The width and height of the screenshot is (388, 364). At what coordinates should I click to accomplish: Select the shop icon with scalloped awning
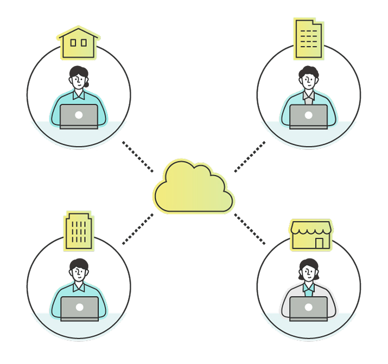(x=311, y=235)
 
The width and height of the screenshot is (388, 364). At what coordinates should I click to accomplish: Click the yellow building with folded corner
(x=309, y=39)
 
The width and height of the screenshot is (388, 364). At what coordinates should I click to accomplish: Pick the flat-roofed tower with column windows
(x=79, y=232)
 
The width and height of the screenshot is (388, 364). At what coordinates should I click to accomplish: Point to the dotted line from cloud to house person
(x=138, y=156)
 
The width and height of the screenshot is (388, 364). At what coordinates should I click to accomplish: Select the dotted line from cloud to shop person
(x=250, y=229)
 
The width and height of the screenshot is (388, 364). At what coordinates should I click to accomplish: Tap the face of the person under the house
(x=78, y=81)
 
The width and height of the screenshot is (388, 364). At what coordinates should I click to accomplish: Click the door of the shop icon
(x=320, y=243)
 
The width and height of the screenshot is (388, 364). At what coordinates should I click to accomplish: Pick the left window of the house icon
(x=73, y=43)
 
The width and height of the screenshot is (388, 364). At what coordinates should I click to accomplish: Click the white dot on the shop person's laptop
(x=308, y=307)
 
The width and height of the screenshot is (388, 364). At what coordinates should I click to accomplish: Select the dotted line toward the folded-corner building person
(x=250, y=156)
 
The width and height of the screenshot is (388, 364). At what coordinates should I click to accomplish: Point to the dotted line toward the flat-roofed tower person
(x=138, y=229)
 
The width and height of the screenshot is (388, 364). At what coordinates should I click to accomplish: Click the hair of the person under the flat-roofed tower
(x=79, y=264)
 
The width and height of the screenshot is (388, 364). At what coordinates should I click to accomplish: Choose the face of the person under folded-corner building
(x=308, y=81)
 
